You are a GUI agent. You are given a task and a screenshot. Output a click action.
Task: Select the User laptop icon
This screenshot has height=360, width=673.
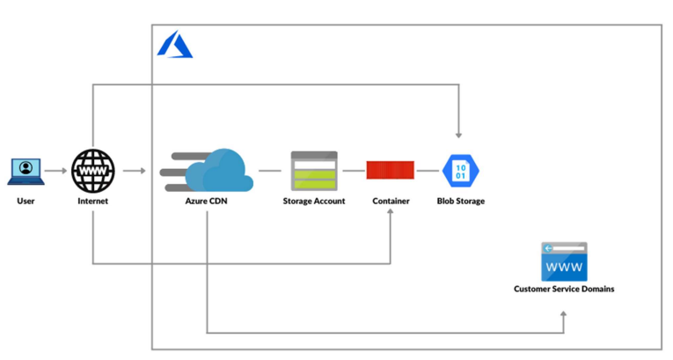[26, 171]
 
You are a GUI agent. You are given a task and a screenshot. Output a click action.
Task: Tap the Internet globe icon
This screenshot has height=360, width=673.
[92, 171]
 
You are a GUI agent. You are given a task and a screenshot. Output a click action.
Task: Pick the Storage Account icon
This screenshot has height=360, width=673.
[314, 171]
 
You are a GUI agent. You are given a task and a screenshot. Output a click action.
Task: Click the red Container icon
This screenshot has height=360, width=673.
[391, 171]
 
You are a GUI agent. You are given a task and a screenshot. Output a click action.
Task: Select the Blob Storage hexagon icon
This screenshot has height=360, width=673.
[460, 170]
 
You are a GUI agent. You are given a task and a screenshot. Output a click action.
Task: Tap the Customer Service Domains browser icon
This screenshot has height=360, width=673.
[564, 261]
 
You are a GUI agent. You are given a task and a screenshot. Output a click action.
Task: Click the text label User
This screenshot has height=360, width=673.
[26, 202]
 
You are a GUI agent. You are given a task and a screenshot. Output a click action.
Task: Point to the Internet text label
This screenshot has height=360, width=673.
[92, 202]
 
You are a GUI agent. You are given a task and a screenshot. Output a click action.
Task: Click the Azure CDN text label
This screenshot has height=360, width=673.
[208, 202]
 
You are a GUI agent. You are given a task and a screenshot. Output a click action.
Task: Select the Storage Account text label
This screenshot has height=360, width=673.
[314, 202]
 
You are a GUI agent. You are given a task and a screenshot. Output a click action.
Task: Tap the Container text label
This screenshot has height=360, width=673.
[391, 202]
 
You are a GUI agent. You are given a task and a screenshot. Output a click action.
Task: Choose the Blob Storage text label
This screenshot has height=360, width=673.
[460, 202]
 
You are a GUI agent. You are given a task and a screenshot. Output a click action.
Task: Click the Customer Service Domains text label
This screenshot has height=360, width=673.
[564, 289]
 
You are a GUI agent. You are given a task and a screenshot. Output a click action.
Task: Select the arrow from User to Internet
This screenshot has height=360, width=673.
[55, 171]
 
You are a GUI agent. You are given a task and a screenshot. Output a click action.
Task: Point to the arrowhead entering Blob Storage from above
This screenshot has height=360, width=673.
[458, 135]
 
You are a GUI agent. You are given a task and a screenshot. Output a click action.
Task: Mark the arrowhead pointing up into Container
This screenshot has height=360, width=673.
[391, 215]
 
